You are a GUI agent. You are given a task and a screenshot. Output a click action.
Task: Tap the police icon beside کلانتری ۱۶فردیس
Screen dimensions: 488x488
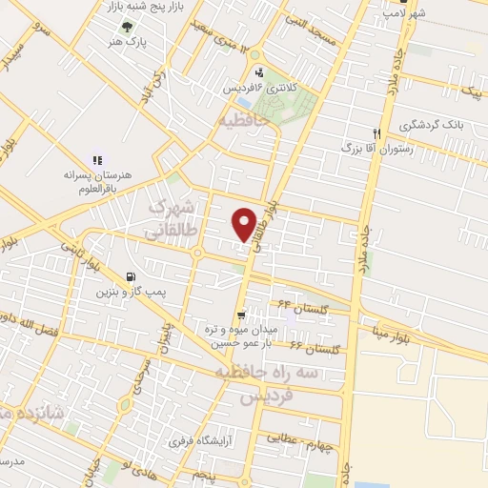click(x=258, y=73)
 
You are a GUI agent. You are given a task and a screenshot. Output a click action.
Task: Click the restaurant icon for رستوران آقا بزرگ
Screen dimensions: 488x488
click(x=377, y=134)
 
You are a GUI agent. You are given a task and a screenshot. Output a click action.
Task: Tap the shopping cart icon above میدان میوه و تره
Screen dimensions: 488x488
click(x=243, y=313)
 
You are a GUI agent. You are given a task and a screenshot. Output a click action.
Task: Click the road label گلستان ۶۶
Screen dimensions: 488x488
click(x=315, y=349)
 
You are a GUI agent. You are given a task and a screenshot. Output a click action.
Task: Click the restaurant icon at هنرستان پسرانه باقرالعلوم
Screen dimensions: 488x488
click(x=96, y=161)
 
